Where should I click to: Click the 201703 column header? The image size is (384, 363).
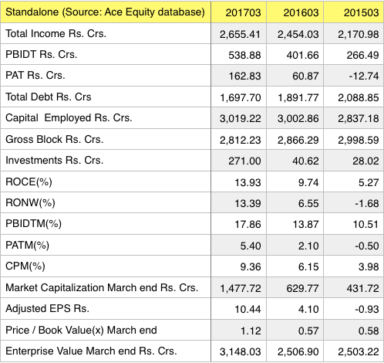point(243,12)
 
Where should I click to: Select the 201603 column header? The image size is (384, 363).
point(301,12)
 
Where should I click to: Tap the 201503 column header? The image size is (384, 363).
point(362,12)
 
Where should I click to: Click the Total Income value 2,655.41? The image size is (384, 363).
point(240,34)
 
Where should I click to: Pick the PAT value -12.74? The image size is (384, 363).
point(364,76)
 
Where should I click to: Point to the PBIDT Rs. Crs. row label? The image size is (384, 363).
point(42,54)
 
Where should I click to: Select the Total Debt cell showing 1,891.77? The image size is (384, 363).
point(298,97)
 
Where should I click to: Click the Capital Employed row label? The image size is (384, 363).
point(69,118)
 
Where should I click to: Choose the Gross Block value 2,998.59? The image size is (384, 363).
point(359,140)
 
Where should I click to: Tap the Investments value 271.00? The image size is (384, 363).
point(244,161)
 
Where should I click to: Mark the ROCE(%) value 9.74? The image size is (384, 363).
point(308,182)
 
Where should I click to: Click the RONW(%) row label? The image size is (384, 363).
point(30,202)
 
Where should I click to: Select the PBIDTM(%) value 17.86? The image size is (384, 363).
point(248,224)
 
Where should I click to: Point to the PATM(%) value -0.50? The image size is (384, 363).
point(367,246)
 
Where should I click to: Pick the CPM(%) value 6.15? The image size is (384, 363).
point(308,266)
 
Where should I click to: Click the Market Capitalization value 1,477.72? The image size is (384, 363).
point(241,288)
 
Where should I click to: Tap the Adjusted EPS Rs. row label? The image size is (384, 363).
point(47,308)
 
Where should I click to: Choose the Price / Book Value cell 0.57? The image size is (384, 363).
point(308,331)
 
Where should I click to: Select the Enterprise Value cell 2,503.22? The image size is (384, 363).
point(359,351)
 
